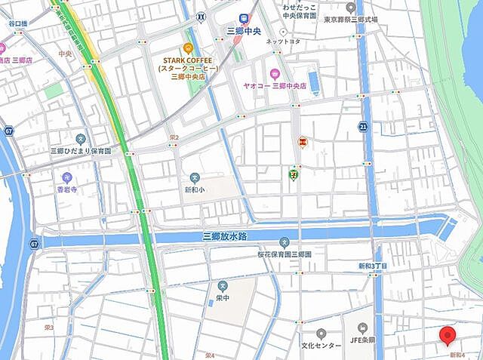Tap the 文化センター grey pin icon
[321, 333]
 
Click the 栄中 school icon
[223, 285]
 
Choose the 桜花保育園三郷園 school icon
[284, 243]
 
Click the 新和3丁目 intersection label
[373, 266]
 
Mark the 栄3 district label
[49, 328]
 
